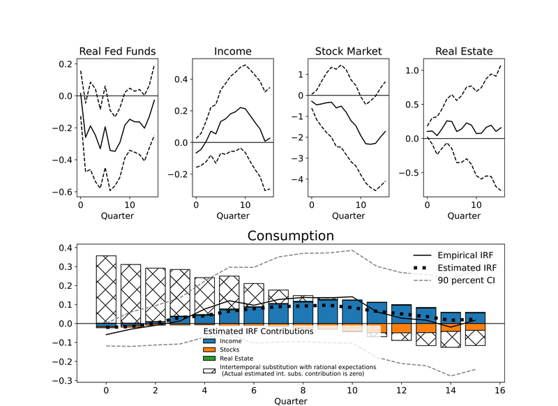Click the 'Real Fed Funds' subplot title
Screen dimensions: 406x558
pyautogui.click(x=117, y=51)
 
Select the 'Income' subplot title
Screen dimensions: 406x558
pyautogui.click(x=232, y=51)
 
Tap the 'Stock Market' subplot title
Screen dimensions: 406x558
pyautogui.click(x=348, y=51)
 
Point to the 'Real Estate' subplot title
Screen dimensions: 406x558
pyautogui.click(x=464, y=51)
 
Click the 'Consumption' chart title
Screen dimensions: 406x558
pyautogui.click(x=290, y=236)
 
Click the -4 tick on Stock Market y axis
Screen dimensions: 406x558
pyautogui.click(x=300, y=179)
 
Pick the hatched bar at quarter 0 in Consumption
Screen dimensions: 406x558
pyautogui.click(x=106, y=287)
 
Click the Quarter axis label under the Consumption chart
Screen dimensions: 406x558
pyautogui.click(x=290, y=400)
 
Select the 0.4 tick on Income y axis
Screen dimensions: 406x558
pyautogui.click(x=180, y=80)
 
